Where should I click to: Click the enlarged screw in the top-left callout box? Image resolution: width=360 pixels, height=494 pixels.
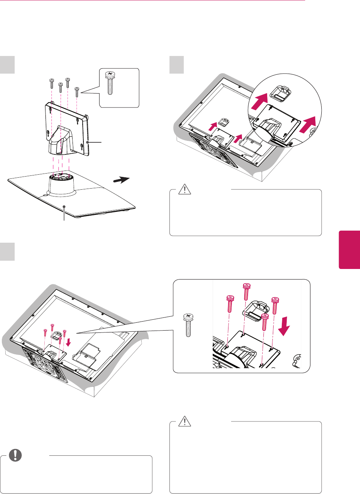110,83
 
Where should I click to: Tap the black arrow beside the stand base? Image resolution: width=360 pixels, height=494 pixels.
121,180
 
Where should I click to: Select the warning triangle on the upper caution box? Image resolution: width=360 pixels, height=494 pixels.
185,189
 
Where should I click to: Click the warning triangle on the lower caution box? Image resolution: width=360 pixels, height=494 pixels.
185,421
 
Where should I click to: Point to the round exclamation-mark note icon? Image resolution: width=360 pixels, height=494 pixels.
15,455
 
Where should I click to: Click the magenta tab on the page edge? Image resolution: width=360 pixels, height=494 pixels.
349,250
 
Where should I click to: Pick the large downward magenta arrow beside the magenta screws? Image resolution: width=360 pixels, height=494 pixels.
284,325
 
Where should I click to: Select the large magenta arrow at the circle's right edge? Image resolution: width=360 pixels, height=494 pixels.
308,125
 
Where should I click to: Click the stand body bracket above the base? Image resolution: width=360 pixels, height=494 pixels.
67,130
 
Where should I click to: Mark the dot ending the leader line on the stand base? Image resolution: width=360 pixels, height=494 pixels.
65,206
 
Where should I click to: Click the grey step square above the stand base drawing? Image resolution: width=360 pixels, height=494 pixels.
7,65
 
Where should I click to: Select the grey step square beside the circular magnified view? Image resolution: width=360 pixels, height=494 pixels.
176,65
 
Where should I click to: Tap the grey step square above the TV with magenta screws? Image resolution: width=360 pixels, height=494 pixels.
7,251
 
